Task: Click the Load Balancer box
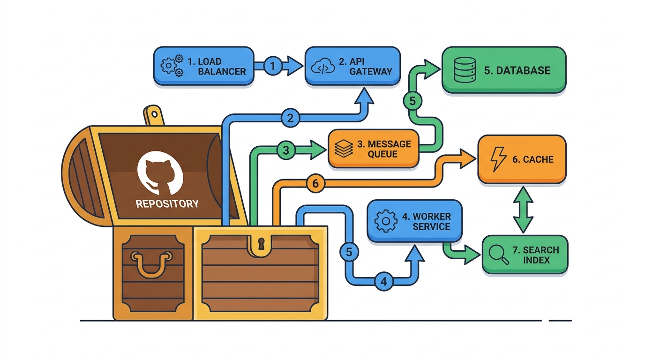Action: pyautogui.click(x=204, y=66)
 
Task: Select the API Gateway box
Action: pyautogui.click(x=352, y=66)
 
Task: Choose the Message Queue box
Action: pyautogui.click(x=374, y=149)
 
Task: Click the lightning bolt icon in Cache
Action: pyautogui.click(x=498, y=159)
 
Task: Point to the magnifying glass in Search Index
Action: pyautogui.click(x=499, y=255)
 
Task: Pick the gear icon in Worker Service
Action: pyautogui.click(x=386, y=221)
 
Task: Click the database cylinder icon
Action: pyautogui.click(x=465, y=70)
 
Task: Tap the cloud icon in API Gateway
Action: pyautogui.click(x=323, y=67)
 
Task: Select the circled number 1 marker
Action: pyautogui.click(x=273, y=66)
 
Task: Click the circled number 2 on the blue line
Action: pyautogui.click(x=290, y=118)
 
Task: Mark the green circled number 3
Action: pyautogui.click(x=285, y=150)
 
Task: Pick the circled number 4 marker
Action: pyautogui.click(x=384, y=281)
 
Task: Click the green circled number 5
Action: pyautogui.click(x=412, y=101)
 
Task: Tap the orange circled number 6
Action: pyautogui.click(x=315, y=183)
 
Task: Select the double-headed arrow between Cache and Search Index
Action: pyautogui.click(x=523, y=210)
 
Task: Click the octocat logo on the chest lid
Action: pyautogui.click(x=160, y=173)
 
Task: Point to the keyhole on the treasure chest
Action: pyautogui.click(x=261, y=244)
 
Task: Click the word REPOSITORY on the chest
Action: pyautogui.click(x=167, y=203)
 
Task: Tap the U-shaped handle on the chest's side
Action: pyautogui.click(x=151, y=263)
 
